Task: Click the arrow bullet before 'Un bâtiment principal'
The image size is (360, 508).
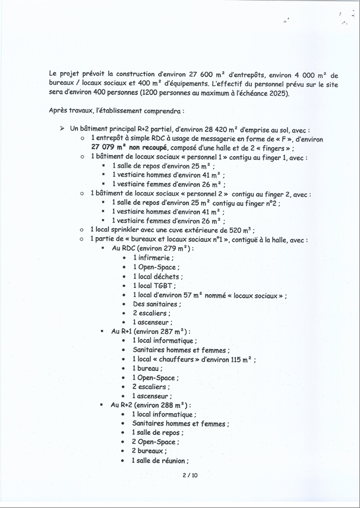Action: coord(62,128)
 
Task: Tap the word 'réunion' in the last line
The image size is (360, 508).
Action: coord(173,460)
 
